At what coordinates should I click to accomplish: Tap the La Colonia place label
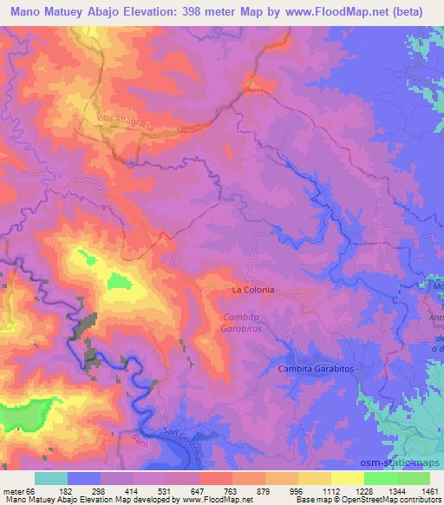pos(252,290)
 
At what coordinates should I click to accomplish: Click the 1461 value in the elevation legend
pos(430,490)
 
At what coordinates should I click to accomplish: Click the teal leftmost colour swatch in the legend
pos(50,478)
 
